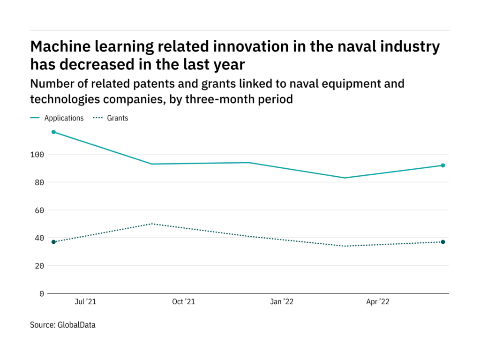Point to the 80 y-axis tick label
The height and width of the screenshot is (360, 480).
click(x=39, y=182)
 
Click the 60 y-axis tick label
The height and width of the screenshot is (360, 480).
click(x=39, y=210)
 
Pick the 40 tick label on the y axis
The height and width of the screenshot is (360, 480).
click(x=39, y=238)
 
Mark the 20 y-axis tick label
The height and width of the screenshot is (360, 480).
click(x=39, y=266)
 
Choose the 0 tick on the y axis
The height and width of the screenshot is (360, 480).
click(x=42, y=293)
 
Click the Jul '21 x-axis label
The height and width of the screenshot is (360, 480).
click(x=85, y=302)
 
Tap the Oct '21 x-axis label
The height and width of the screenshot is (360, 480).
click(x=183, y=302)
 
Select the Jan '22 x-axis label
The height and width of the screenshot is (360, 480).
click(x=282, y=302)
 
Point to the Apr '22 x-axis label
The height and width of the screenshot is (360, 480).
click(x=378, y=302)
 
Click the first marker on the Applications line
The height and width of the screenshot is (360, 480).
click(x=53, y=132)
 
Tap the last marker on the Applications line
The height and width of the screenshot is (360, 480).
click(x=442, y=165)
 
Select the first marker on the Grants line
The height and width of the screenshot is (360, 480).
click(x=53, y=242)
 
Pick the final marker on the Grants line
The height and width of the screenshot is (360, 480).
click(x=442, y=242)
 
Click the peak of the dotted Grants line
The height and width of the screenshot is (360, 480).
click(x=151, y=224)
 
